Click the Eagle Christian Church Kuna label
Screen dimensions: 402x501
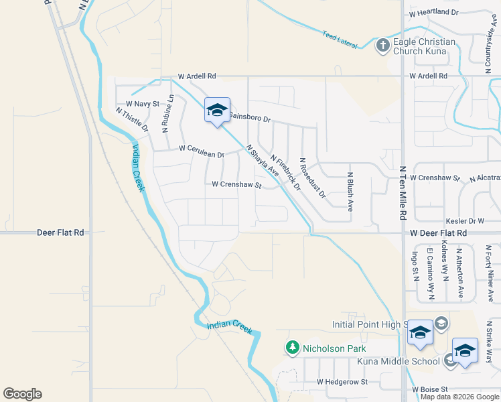(x=425, y=46)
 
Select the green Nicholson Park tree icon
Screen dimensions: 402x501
(x=292, y=348)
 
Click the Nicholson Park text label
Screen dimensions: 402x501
(x=334, y=348)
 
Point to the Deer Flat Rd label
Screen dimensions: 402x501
(x=60, y=232)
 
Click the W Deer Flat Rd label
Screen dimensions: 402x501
(x=437, y=232)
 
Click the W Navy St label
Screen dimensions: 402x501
(x=143, y=104)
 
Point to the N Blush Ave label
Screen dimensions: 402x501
(x=350, y=192)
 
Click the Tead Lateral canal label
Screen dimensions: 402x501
(x=337, y=38)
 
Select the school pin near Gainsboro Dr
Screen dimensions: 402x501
(x=217, y=110)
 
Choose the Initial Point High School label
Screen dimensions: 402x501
(x=370, y=324)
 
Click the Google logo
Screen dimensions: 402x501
(x=22, y=394)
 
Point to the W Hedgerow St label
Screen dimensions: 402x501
(x=342, y=382)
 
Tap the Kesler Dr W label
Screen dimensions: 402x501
(x=465, y=220)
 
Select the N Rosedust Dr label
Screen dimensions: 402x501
(x=312, y=178)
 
